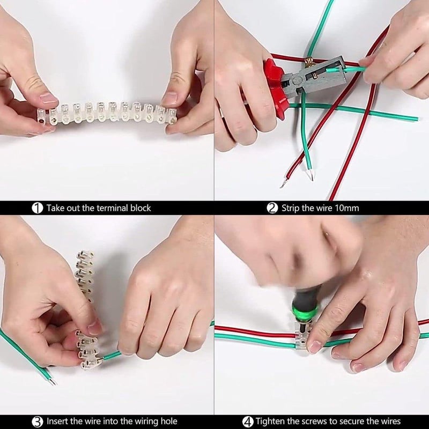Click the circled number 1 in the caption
[x=37, y=208]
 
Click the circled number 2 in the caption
[x=272, y=208]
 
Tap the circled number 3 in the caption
[x=37, y=421]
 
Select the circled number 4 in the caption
[x=248, y=421]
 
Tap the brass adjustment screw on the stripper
[x=310, y=61]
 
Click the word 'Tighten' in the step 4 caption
[x=270, y=421]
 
